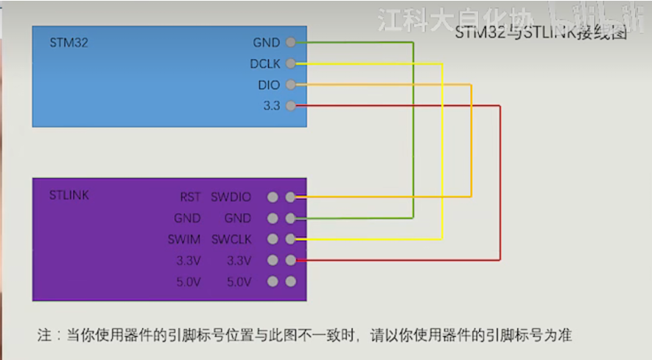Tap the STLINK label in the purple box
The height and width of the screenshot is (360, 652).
[x=69, y=196]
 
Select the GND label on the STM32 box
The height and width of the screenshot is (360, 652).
[x=266, y=43]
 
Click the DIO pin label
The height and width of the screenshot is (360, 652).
[x=269, y=85]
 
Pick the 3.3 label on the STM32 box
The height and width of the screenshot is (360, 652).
[x=271, y=106]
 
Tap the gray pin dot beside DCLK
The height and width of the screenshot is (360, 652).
[x=291, y=64]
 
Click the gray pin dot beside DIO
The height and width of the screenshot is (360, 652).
[x=291, y=85]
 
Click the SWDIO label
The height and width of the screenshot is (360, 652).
[x=231, y=197]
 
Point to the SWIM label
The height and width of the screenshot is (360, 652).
[x=185, y=239]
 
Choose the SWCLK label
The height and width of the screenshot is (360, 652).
[x=231, y=239]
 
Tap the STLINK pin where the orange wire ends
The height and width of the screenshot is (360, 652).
[x=291, y=197]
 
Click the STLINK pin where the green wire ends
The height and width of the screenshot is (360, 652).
[x=291, y=219]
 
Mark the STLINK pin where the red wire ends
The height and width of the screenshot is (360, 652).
[x=291, y=261]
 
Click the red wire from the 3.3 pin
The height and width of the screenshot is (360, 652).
[x=500, y=184]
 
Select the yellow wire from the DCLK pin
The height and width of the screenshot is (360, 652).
[x=441, y=147]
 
